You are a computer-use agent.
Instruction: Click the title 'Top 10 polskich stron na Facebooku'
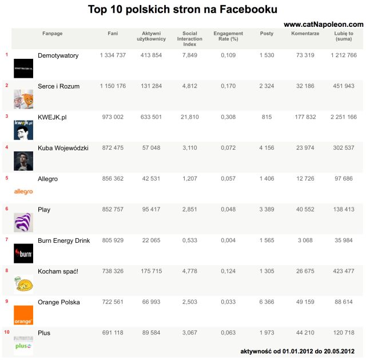click(x=182, y=10)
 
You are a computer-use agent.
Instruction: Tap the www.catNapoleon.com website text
click(x=323, y=25)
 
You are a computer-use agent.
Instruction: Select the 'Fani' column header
click(x=113, y=34)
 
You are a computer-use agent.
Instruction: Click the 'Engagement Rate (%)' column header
click(x=228, y=37)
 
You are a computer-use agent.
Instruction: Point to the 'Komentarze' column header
click(x=305, y=34)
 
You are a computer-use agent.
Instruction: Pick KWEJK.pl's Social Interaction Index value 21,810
click(x=189, y=117)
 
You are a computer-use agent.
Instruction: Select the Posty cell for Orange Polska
click(x=266, y=302)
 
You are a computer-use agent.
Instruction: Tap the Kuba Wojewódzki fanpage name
click(x=63, y=148)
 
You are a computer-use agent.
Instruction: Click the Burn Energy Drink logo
click(x=23, y=253)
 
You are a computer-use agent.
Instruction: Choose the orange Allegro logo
click(x=23, y=191)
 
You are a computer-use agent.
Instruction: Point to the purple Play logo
click(x=23, y=222)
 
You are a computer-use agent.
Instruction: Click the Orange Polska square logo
click(x=23, y=315)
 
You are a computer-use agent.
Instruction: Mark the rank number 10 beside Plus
click(x=6, y=332)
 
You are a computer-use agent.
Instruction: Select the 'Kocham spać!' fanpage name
click(x=58, y=271)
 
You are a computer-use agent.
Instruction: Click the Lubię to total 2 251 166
click(x=343, y=117)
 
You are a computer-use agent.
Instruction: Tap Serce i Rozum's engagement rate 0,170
click(x=228, y=86)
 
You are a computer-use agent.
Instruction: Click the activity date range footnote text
click(x=301, y=350)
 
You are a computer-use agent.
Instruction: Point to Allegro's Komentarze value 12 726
click(x=305, y=179)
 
